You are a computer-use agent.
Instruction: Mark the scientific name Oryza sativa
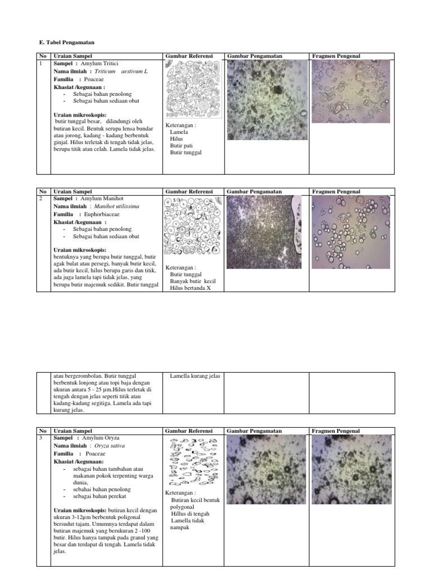tap(109, 446)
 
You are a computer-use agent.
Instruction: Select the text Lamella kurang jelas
tap(195, 376)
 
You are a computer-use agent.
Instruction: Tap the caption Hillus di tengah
tap(190, 513)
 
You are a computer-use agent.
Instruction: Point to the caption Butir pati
tap(181, 145)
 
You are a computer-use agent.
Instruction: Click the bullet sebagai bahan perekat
tap(95, 497)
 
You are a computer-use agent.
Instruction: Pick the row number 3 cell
tap(41, 437)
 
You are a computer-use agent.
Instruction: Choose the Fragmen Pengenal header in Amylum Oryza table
tap(336, 430)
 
